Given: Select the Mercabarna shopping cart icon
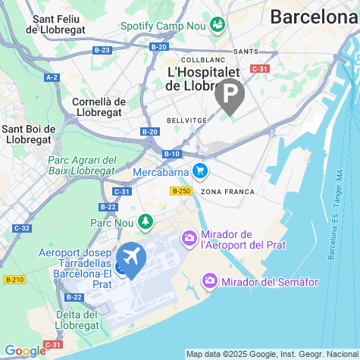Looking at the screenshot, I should (200, 171).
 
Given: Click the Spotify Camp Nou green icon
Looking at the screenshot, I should (218, 25).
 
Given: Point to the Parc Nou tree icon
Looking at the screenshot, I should (145, 222).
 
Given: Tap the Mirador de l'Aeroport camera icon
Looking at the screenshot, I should (189, 239).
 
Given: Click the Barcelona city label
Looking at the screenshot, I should (314, 17).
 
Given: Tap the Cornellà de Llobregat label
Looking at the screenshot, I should (99, 107).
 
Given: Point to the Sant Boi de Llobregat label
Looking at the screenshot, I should (27, 134).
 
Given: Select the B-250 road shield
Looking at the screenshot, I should (180, 191).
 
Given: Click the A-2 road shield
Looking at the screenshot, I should (52, 77).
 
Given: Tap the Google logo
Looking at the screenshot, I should (24, 350).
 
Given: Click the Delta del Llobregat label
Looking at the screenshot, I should (77, 320).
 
